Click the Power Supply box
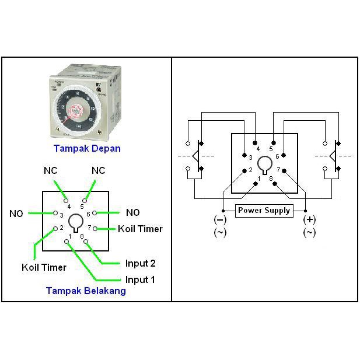(264, 210)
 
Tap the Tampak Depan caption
(87, 148)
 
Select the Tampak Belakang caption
(86, 291)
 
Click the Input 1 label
(140, 279)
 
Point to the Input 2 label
(140, 263)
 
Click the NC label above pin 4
(51, 170)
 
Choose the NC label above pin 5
(98, 170)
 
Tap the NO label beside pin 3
(16, 214)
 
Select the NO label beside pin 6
(133, 212)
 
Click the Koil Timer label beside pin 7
(140, 228)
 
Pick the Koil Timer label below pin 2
(44, 267)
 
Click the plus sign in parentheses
(309, 220)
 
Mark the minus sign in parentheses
(221, 220)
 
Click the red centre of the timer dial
(76, 110)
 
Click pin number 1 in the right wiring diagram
(259, 177)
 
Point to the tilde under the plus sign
(309, 232)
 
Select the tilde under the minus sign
(221, 232)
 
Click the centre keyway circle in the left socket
(75, 221)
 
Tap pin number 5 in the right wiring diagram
(271, 149)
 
